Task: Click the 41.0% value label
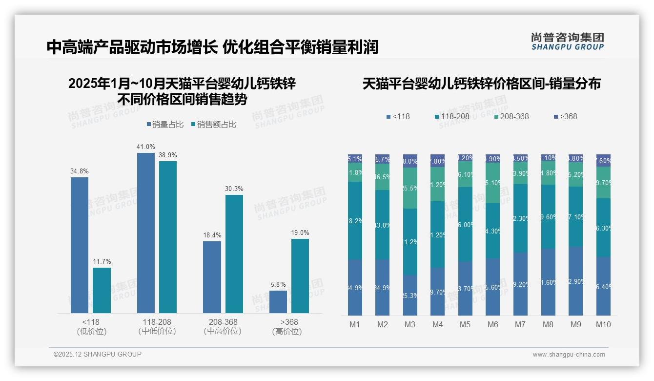146,147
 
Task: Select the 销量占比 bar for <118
80,245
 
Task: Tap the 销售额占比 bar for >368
300,276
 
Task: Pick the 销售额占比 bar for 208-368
234,254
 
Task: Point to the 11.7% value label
102,261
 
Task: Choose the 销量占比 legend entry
165,125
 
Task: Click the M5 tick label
466,324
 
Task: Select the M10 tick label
603,324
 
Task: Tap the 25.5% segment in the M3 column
410,188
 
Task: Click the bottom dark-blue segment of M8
549,282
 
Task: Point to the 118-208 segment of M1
355,220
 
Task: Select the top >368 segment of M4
438,161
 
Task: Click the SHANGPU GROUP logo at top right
567,42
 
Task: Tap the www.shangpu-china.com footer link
569,355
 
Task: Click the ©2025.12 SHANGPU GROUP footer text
98,354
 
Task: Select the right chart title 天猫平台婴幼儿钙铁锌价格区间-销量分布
481,84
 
